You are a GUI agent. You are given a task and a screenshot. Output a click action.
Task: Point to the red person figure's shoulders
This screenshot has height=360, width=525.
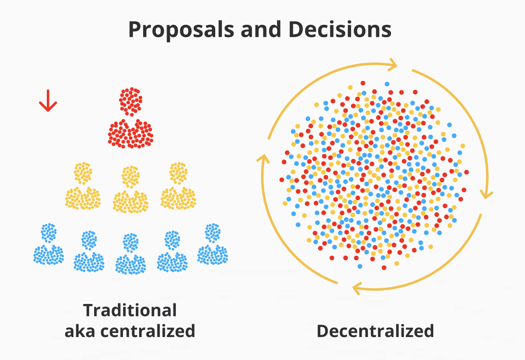tap(131, 134)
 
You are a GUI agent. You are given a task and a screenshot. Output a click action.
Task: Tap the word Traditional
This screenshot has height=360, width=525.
tap(130, 310)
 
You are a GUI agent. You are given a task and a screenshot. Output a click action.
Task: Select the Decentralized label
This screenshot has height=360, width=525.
tap(375, 331)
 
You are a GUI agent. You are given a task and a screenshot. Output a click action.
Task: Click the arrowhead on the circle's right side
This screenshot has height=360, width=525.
tap(486, 193)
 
